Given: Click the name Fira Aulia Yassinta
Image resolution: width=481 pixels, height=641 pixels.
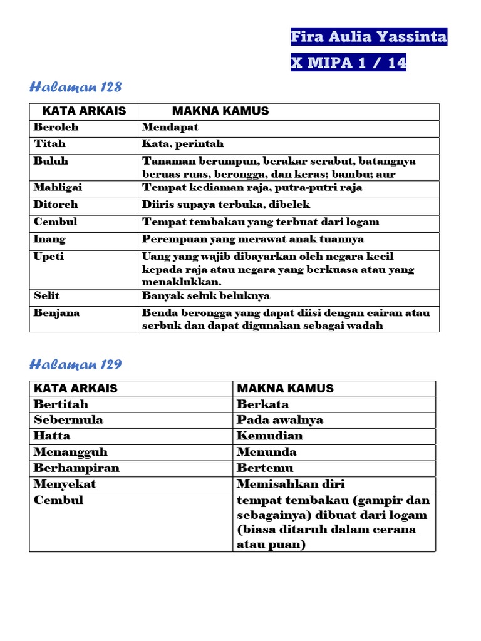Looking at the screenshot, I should (x=369, y=38).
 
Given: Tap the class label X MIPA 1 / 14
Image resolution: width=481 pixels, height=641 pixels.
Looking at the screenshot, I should (x=348, y=63).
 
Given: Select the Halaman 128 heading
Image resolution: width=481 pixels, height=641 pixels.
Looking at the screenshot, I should (x=76, y=87).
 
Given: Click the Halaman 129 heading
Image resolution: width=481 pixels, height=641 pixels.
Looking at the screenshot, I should (x=76, y=364).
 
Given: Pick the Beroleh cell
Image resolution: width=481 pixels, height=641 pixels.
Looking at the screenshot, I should (x=56, y=127).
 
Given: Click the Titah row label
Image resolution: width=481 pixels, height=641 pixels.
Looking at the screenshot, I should (x=49, y=144).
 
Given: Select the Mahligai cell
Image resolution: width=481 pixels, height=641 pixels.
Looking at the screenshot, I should (x=58, y=187).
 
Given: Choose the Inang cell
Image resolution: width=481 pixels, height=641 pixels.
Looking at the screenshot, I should (x=49, y=239).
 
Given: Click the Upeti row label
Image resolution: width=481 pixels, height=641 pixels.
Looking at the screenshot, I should (x=49, y=256).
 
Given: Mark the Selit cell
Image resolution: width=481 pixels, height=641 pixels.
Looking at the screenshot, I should (x=47, y=295).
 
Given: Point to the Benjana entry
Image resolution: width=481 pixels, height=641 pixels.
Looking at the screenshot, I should (x=56, y=312).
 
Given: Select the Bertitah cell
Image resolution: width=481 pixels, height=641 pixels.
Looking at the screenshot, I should (x=61, y=404).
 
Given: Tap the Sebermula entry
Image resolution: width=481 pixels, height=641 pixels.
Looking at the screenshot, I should (x=68, y=420).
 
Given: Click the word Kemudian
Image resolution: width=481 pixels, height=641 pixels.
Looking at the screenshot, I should (x=269, y=436).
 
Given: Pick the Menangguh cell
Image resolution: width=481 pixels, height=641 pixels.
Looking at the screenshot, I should (x=70, y=452).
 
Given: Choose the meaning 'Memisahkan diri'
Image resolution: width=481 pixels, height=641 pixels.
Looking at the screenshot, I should (x=291, y=484).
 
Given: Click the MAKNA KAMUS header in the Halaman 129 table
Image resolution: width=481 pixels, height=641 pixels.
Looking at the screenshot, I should (x=285, y=388).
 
